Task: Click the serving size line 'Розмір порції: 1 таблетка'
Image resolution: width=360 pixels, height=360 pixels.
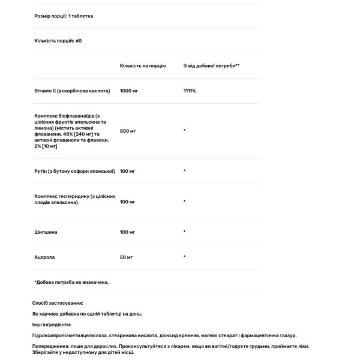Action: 64,16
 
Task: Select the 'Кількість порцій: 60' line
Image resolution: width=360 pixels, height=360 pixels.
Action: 58,41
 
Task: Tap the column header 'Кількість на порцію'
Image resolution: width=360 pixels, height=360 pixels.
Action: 143,65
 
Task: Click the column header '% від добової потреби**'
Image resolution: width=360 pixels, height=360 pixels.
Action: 211,65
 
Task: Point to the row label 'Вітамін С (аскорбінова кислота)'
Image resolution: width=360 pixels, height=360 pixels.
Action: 72,91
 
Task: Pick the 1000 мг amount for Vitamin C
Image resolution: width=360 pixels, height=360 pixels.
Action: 129,91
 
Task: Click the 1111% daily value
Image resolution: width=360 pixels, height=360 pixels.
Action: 190,91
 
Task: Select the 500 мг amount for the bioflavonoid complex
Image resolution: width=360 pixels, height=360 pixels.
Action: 128,130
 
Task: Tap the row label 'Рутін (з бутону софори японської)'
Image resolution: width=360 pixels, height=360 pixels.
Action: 75,171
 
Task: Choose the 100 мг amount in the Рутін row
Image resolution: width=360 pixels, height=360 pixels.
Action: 128,171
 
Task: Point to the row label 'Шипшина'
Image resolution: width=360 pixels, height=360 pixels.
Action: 45,231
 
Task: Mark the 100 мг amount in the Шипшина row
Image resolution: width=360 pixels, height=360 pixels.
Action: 128,231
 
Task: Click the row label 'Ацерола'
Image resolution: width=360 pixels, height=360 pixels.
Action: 44,257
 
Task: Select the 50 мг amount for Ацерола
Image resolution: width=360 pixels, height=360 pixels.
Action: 127,257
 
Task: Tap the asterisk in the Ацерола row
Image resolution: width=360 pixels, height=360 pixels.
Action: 185,257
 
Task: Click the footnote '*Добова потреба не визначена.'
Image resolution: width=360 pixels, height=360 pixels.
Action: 71,281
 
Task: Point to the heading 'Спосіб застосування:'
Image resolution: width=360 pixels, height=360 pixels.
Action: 58,304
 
